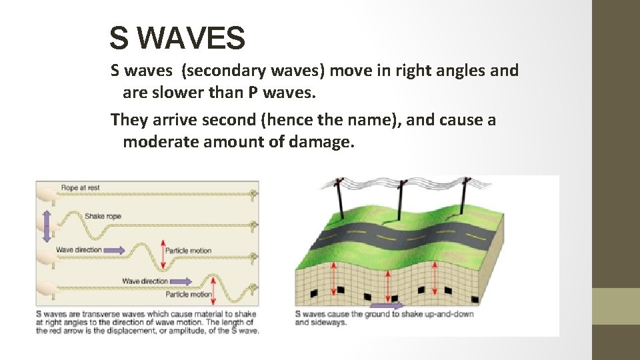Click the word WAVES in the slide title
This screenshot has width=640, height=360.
(x=194, y=39)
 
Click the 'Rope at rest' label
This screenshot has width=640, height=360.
(x=80, y=188)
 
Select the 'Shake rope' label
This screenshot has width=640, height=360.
(x=103, y=216)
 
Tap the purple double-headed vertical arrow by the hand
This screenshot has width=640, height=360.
(x=46, y=225)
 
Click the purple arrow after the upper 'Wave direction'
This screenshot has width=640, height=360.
(x=114, y=250)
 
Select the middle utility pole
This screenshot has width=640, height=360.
(x=400, y=200)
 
